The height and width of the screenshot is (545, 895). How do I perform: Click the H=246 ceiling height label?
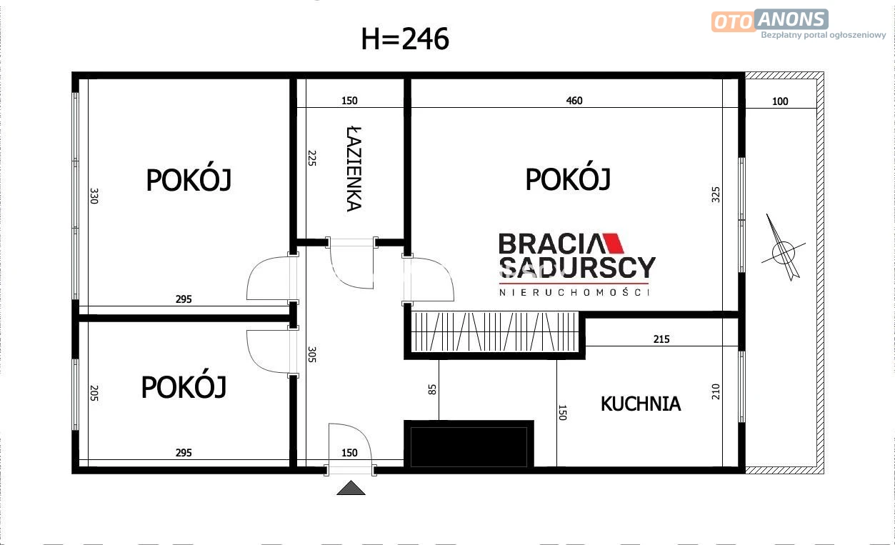click(405, 39)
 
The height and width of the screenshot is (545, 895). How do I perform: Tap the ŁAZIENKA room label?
click(354, 169)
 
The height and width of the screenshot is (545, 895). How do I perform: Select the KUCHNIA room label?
click(641, 404)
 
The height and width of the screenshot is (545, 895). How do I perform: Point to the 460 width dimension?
click(574, 101)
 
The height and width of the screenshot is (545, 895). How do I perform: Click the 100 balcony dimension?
click(780, 101)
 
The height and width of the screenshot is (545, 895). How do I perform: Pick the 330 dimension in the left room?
click(94, 196)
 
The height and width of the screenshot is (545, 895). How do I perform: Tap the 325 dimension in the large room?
click(716, 194)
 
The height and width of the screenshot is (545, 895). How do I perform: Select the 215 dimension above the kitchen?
click(661, 339)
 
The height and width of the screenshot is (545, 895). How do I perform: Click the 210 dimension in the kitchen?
click(716, 391)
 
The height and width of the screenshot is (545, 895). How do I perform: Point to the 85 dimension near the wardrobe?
click(432, 389)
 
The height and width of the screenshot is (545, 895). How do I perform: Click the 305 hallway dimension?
click(312, 354)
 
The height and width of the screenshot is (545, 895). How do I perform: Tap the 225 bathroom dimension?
click(312, 159)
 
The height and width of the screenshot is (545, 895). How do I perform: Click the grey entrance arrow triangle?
click(351, 488)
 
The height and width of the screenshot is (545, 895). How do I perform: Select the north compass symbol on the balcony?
click(783, 251)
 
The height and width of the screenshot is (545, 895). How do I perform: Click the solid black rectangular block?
click(469, 444)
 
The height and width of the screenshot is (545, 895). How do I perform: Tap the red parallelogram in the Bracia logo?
click(614, 244)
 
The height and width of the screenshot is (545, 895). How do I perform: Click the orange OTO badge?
click(733, 21)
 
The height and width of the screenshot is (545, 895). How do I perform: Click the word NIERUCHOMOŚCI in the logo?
click(574, 292)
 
